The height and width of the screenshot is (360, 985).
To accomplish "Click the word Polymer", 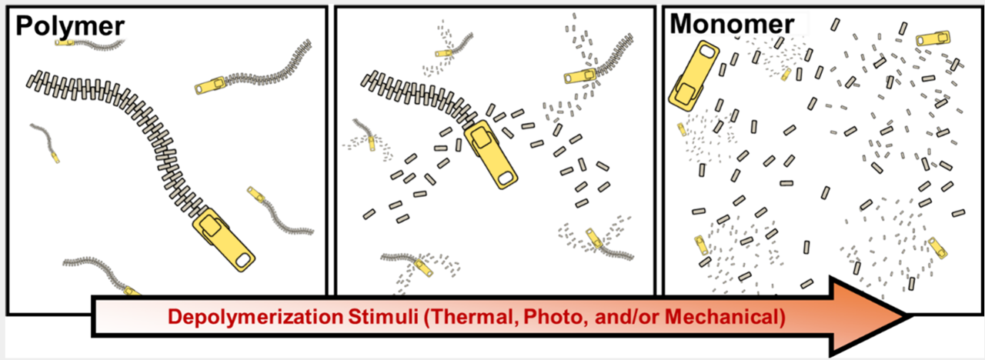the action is (x=70, y=27).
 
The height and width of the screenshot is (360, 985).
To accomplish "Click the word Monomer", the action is (x=732, y=24).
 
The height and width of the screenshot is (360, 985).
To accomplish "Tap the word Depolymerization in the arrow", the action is (x=255, y=317).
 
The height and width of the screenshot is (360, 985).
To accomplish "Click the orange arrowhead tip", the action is (x=910, y=315).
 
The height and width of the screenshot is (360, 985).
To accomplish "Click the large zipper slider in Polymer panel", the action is (x=223, y=239).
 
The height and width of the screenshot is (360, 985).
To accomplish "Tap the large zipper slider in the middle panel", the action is (x=491, y=155).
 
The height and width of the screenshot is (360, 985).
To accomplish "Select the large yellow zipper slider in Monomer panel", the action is (x=693, y=75).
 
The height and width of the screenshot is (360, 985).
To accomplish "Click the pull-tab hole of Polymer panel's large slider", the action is (x=242, y=260).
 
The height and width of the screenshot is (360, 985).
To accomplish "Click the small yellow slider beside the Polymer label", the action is (x=65, y=42).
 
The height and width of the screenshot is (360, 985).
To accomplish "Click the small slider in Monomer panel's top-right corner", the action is (x=933, y=38).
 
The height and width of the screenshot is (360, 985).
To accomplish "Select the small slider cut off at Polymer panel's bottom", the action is (x=132, y=291).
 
